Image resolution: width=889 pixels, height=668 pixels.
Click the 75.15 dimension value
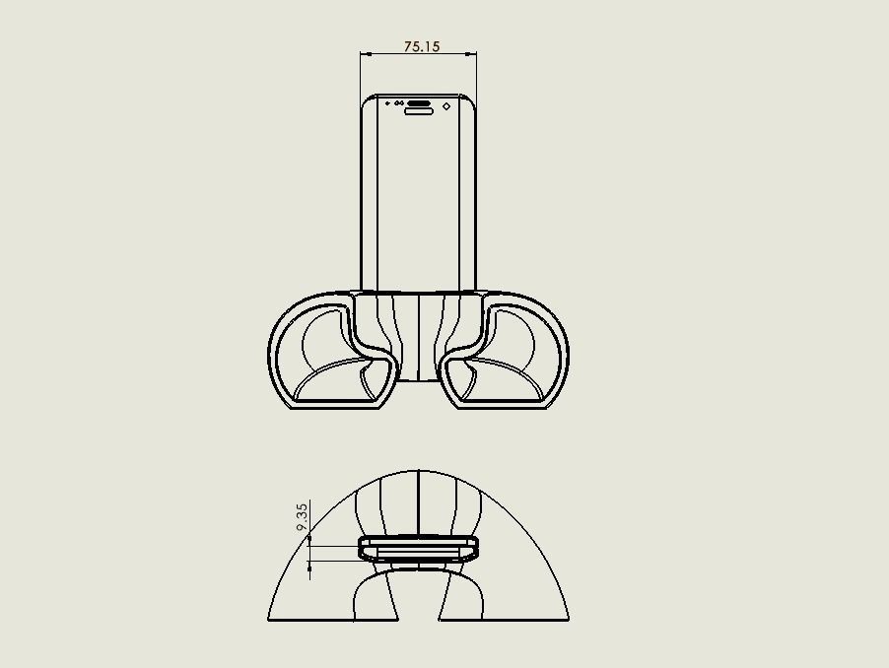(x=422, y=46)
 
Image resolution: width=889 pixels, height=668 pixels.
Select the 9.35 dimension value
(x=303, y=516)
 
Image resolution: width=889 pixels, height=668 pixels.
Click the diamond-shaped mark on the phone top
(x=446, y=105)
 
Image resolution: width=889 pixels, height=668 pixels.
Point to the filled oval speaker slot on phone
(x=419, y=102)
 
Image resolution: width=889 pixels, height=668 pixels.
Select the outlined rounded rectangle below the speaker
(x=419, y=111)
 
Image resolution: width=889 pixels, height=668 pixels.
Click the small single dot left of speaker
(x=387, y=103)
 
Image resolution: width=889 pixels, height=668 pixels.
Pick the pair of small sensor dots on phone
(x=398, y=103)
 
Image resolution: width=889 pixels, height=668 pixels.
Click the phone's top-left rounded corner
(x=366, y=100)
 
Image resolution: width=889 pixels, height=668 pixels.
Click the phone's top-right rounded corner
(x=473, y=100)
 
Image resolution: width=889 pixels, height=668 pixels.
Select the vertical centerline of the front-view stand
(x=419, y=335)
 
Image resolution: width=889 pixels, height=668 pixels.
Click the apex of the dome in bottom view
(x=419, y=470)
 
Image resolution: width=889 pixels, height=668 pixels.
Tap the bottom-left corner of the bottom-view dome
(x=269, y=620)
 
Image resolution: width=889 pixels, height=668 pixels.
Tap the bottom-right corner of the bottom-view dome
(x=569, y=620)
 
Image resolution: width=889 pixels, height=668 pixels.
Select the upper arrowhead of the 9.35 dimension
(x=309, y=537)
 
